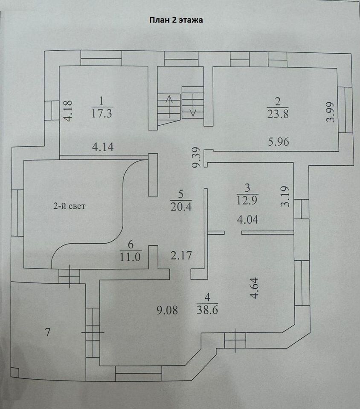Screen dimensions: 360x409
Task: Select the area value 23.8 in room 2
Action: [x=278, y=114]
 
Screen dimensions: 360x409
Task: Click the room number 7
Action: [x=48, y=333]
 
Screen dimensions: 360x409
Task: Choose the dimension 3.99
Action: [x=331, y=113]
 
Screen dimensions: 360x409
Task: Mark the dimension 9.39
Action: [x=197, y=158]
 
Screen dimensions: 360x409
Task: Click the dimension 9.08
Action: [x=169, y=310]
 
